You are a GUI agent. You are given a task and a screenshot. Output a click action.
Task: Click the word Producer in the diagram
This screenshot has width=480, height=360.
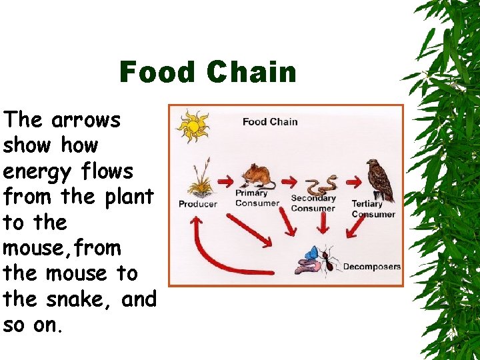point(197,204)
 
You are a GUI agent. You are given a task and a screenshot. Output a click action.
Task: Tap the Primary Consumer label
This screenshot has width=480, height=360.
point(252,198)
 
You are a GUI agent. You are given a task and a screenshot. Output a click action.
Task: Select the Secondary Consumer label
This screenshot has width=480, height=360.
point(313,203)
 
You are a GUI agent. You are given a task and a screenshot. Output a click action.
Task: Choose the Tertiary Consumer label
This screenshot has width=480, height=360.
point(373,209)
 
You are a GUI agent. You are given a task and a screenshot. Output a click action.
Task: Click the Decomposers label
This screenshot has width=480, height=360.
point(371,267)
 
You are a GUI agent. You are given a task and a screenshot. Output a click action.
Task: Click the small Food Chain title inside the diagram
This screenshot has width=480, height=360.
point(269,121)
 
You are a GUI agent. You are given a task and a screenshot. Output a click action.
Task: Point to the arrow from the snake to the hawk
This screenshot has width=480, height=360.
point(350,181)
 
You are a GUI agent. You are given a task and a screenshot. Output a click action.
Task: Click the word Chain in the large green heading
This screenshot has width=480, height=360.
point(251,72)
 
